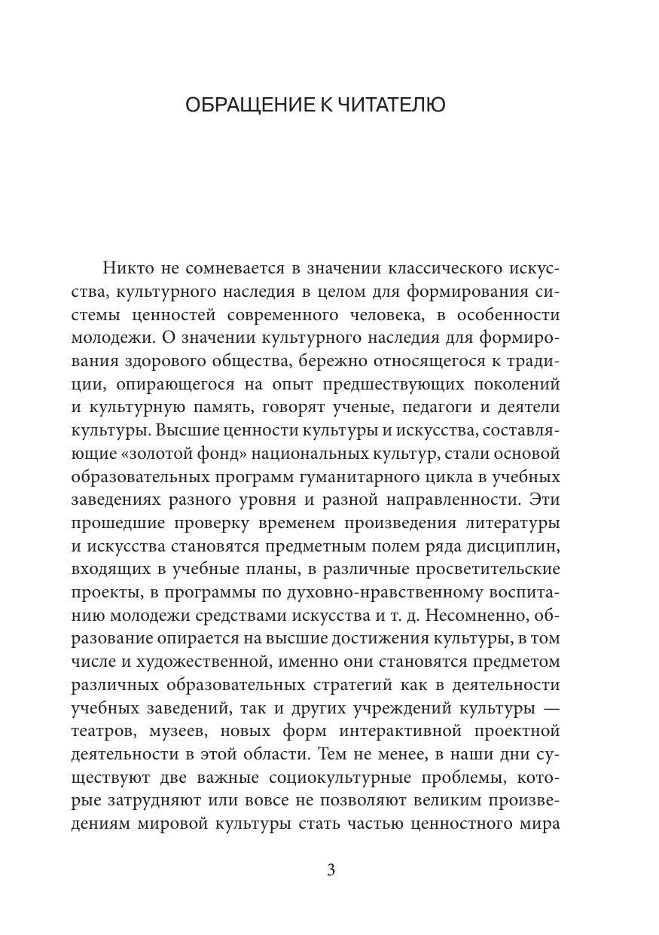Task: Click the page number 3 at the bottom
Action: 331,870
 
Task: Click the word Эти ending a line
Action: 545,500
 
